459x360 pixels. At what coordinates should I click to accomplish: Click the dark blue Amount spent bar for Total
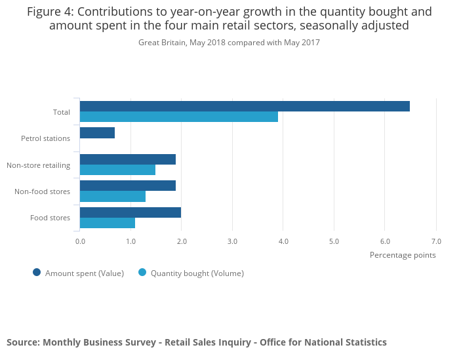click(245, 106)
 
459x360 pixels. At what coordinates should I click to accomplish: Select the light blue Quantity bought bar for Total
click(179, 117)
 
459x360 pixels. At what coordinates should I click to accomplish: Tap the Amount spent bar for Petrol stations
click(97, 132)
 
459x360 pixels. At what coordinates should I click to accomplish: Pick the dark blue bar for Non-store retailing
click(128, 159)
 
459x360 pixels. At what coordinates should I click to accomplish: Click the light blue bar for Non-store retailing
click(117, 170)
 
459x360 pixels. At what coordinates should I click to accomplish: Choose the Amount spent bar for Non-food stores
click(128, 186)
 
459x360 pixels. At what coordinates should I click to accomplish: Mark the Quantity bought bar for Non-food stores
click(113, 196)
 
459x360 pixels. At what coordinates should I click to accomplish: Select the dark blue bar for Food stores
click(130, 212)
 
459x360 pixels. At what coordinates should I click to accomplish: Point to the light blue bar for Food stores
click(108, 223)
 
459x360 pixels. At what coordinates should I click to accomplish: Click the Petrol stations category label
click(45, 138)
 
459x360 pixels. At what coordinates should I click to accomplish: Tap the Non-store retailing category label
click(38, 165)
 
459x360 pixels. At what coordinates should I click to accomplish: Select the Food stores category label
click(50, 218)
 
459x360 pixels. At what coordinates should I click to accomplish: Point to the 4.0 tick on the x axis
click(283, 241)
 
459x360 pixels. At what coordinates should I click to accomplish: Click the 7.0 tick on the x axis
click(436, 241)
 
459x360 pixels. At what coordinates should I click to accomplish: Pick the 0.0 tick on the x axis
click(80, 241)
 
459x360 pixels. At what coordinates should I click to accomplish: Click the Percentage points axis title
click(403, 255)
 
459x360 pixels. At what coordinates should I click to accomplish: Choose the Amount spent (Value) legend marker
click(37, 273)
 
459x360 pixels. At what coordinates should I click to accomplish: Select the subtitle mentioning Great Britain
click(229, 43)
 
